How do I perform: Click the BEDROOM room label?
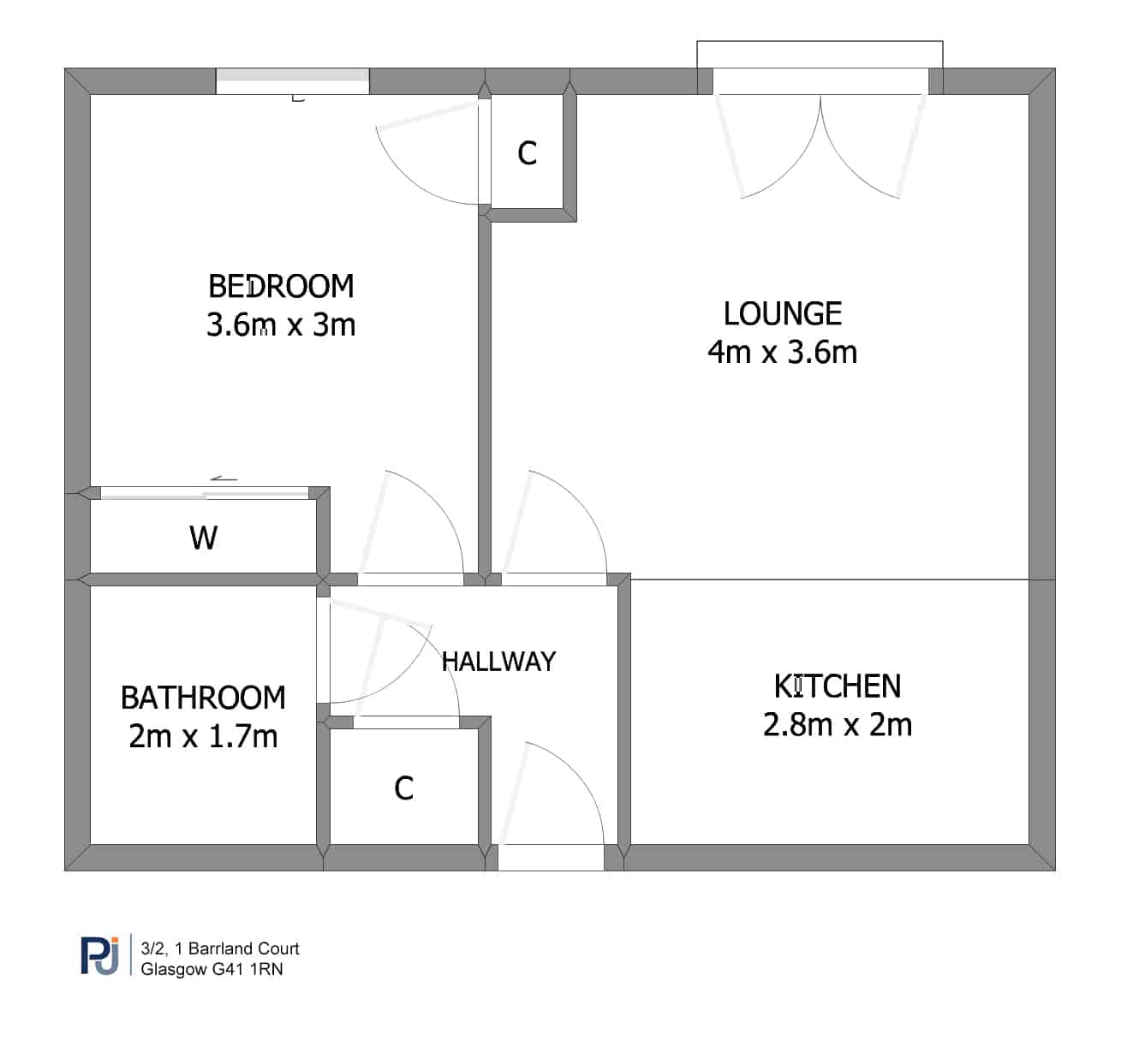pos(281,287)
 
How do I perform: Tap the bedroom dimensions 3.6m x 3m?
pos(281,325)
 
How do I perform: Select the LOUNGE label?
pos(783,313)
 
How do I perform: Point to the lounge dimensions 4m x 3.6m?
pos(783,353)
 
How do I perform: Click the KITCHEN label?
pos(838,686)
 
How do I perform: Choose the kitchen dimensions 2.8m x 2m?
pos(838,725)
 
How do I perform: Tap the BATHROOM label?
pos(203,698)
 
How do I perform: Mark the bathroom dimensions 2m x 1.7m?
pos(203,737)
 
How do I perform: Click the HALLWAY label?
pos(498,662)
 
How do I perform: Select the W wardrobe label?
pos(203,538)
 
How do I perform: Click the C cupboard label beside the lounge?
pos(528,153)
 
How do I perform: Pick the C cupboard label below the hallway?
pos(404,788)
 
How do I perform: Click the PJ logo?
pos(100,956)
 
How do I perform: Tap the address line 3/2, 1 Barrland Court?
pos(220,948)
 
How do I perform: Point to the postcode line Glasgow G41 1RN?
pos(212,970)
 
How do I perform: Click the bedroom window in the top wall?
pos(293,81)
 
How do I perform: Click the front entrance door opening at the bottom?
pos(551,858)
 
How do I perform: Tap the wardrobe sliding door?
pos(205,493)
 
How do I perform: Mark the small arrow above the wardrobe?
pos(224,479)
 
